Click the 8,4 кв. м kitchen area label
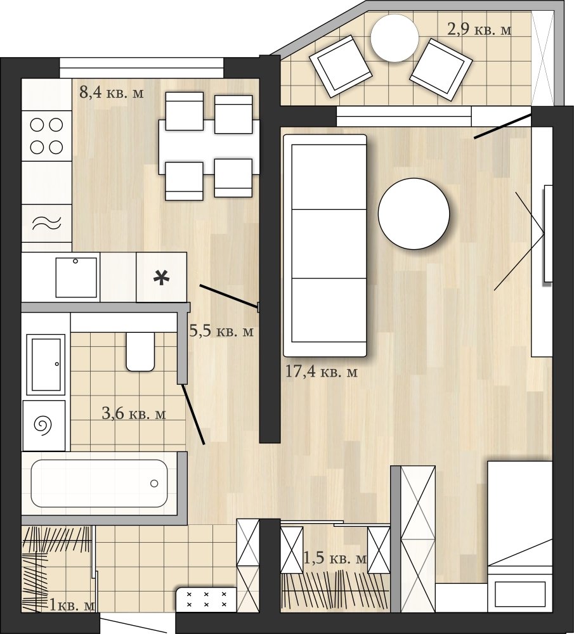tap(111, 93)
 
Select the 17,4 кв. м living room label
tap(322, 371)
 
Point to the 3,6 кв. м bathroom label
tap(133, 413)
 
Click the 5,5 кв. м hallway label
tap(221, 331)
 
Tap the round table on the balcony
tap(395, 39)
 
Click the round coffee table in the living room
tap(414, 214)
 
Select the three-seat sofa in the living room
tap(325, 246)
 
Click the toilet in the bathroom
tap(140, 351)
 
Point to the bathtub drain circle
tap(154, 483)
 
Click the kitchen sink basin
tap(77, 278)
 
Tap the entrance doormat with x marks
tap(206, 599)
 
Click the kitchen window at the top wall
tap(141, 68)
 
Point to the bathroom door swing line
tap(193, 414)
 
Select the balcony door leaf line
tap(502, 126)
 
